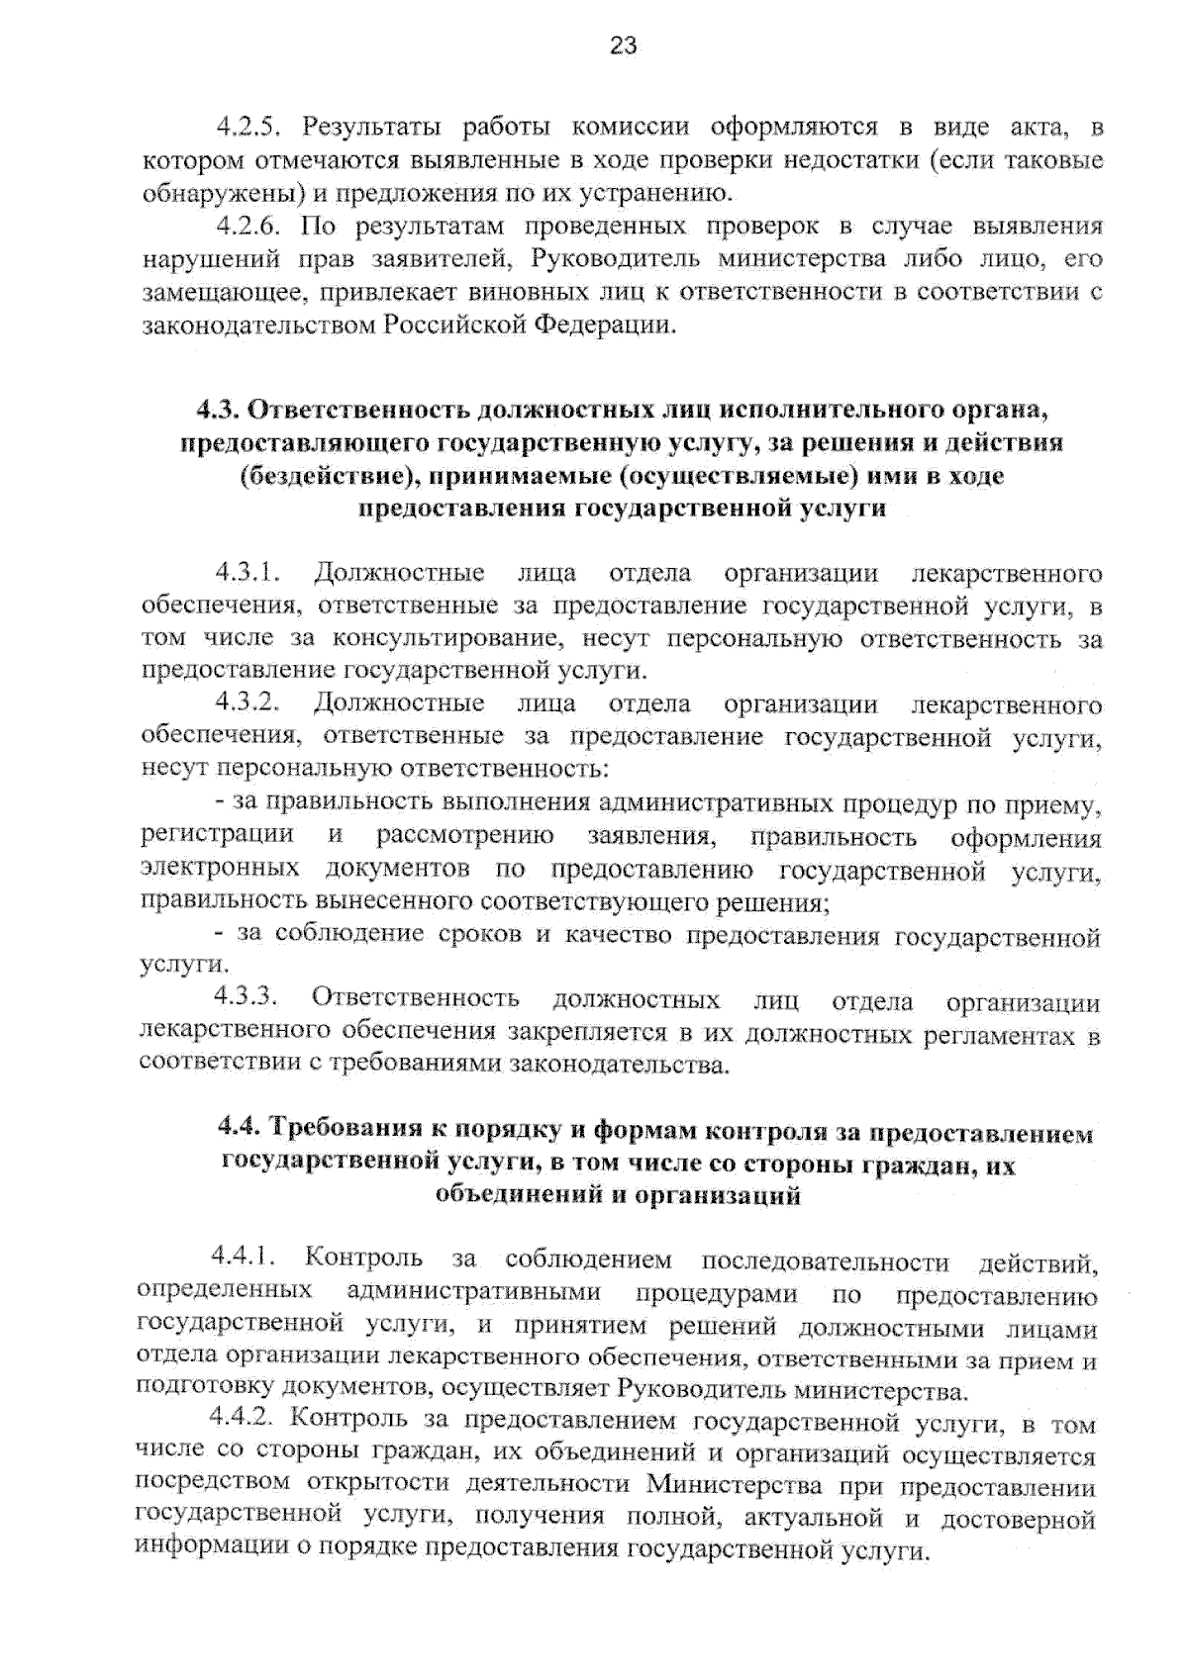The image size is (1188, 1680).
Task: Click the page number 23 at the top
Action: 623,46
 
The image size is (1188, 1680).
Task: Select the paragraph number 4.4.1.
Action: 243,1260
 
